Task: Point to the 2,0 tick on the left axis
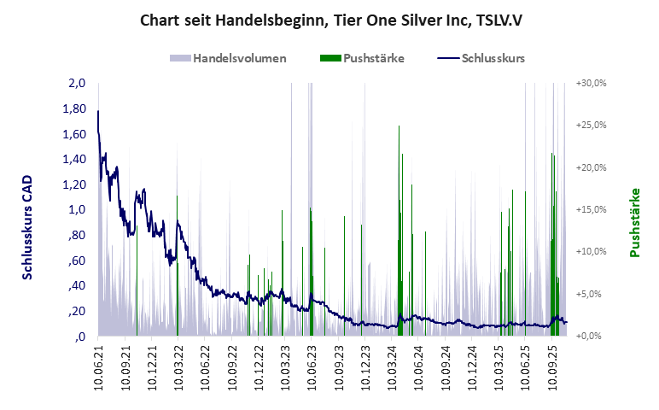click(78, 84)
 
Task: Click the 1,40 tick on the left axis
click(75, 160)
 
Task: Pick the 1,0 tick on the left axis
click(78, 210)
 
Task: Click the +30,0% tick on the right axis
click(591, 84)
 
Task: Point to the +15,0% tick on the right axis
click(591, 210)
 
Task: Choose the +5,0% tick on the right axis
click(592, 294)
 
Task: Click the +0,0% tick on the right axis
click(592, 336)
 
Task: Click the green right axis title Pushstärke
click(635, 222)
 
